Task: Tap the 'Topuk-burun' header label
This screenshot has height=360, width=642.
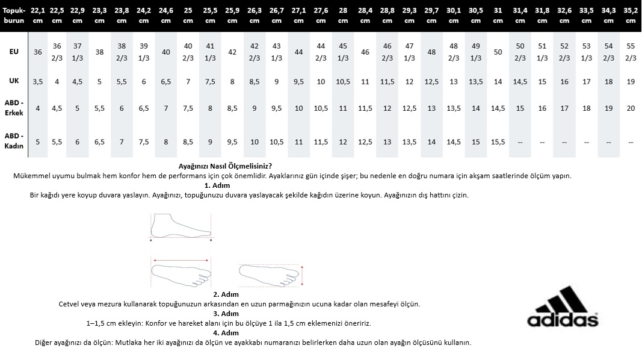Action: (14, 15)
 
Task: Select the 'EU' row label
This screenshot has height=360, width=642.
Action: (14, 52)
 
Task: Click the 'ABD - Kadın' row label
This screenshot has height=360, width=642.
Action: (14, 142)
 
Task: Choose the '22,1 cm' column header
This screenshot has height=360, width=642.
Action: (37, 15)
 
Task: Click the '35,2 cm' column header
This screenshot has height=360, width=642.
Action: (631, 15)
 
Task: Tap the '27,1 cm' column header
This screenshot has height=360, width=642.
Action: (298, 15)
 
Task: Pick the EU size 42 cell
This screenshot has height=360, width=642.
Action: (232, 52)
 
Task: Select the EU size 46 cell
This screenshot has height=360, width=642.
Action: (365, 52)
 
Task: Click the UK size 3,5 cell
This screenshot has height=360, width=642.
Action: (37, 81)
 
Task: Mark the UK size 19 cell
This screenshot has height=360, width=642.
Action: (631, 81)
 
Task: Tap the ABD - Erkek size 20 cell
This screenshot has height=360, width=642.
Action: (631, 108)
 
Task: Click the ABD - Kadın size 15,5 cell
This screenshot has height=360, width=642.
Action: (498, 142)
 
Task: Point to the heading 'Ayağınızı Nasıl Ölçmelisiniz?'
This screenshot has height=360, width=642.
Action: (226, 166)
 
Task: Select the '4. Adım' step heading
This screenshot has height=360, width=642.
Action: (226, 332)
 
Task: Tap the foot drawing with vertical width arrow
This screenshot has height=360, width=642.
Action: (271, 275)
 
